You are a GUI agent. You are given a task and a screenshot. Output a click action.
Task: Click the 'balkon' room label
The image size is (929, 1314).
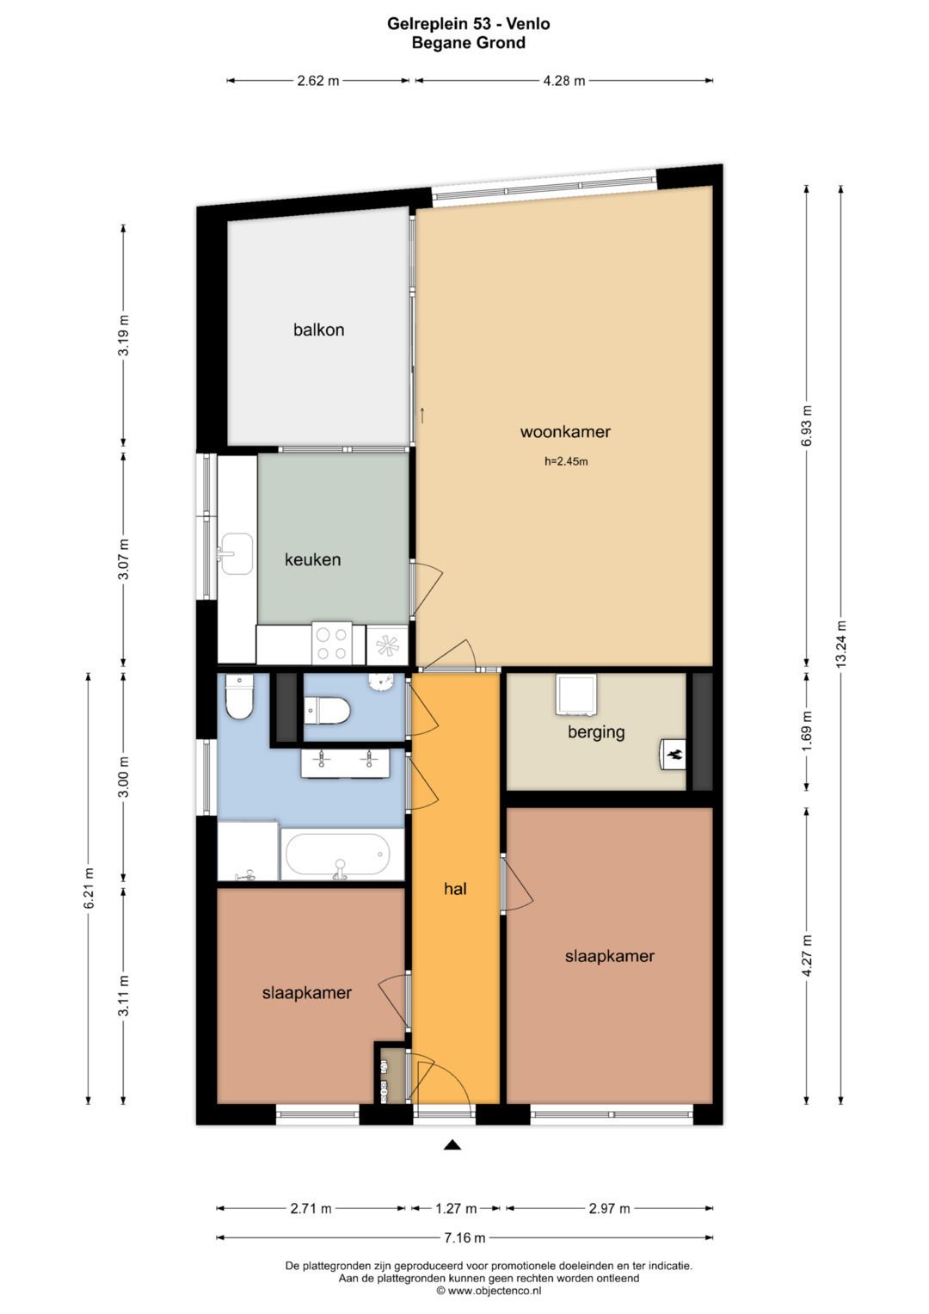point(318,330)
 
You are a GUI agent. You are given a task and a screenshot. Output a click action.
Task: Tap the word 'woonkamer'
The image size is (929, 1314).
point(565,432)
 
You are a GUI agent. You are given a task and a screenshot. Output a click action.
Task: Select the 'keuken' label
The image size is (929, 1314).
point(312,559)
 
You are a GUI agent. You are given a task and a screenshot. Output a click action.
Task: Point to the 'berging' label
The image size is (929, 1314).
point(596,732)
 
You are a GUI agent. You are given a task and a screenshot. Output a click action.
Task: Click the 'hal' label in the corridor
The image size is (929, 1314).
point(455,889)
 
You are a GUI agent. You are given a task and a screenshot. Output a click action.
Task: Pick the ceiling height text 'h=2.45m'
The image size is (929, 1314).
point(566,461)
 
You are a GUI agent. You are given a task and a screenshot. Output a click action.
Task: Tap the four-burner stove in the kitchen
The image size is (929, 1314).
point(331,644)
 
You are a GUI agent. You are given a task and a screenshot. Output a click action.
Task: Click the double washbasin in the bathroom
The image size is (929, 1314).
point(346,762)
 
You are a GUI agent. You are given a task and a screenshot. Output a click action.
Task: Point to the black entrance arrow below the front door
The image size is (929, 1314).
point(452,1144)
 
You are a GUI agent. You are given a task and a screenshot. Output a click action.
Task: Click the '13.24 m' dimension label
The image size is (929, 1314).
point(841,644)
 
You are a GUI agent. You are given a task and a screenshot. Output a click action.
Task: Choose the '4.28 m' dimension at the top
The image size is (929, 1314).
point(563,81)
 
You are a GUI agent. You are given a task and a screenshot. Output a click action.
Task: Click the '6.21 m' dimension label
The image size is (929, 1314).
point(89,888)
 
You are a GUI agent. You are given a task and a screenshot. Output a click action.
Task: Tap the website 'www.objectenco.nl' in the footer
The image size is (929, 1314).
point(495,1291)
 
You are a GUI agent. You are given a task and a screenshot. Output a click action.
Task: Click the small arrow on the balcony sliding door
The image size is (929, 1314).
point(422,415)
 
